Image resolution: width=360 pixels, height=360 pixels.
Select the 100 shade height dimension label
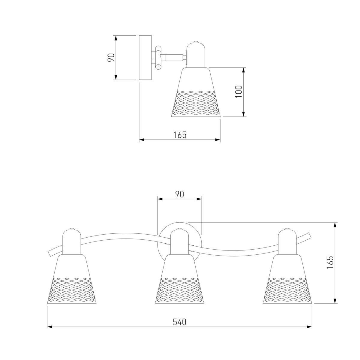pos(238,91)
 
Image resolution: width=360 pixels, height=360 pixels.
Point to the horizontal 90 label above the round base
pos(179,194)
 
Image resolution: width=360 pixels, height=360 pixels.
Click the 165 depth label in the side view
pos(180,135)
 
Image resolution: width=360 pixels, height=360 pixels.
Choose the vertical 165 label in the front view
pos(330,262)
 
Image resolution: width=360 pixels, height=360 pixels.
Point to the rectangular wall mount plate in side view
pos(145,58)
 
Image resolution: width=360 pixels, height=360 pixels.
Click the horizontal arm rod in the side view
pos(174,58)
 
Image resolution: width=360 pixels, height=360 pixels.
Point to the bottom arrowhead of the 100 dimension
pos(243,114)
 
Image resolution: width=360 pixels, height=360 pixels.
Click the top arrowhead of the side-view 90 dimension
pos(116,38)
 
